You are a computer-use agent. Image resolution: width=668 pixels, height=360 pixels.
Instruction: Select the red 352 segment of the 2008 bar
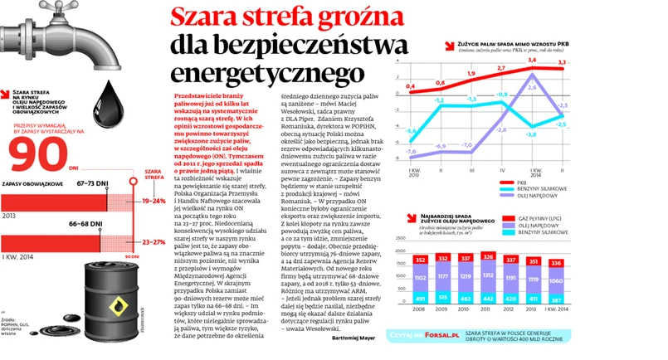[420, 259]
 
